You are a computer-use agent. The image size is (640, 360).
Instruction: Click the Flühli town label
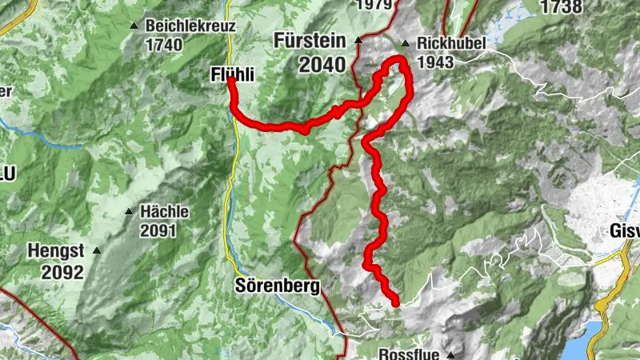click(231, 74)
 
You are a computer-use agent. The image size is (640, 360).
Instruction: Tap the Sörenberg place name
click(278, 286)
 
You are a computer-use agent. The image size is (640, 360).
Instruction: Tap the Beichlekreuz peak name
click(190, 26)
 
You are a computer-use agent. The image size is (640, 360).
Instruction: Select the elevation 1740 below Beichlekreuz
click(164, 45)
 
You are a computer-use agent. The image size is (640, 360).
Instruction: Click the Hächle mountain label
click(164, 212)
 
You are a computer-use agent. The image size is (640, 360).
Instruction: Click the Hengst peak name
click(56, 250)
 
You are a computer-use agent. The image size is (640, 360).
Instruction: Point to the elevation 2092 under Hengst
click(64, 272)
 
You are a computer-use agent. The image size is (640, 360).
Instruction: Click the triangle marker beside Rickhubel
click(406, 44)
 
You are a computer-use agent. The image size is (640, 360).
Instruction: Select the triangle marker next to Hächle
click(129, 212)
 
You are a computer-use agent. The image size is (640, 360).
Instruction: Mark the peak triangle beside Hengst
click(97, 250)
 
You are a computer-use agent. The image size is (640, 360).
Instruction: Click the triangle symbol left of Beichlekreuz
click(134, 26)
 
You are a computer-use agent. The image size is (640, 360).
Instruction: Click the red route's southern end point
click(395, 302)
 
